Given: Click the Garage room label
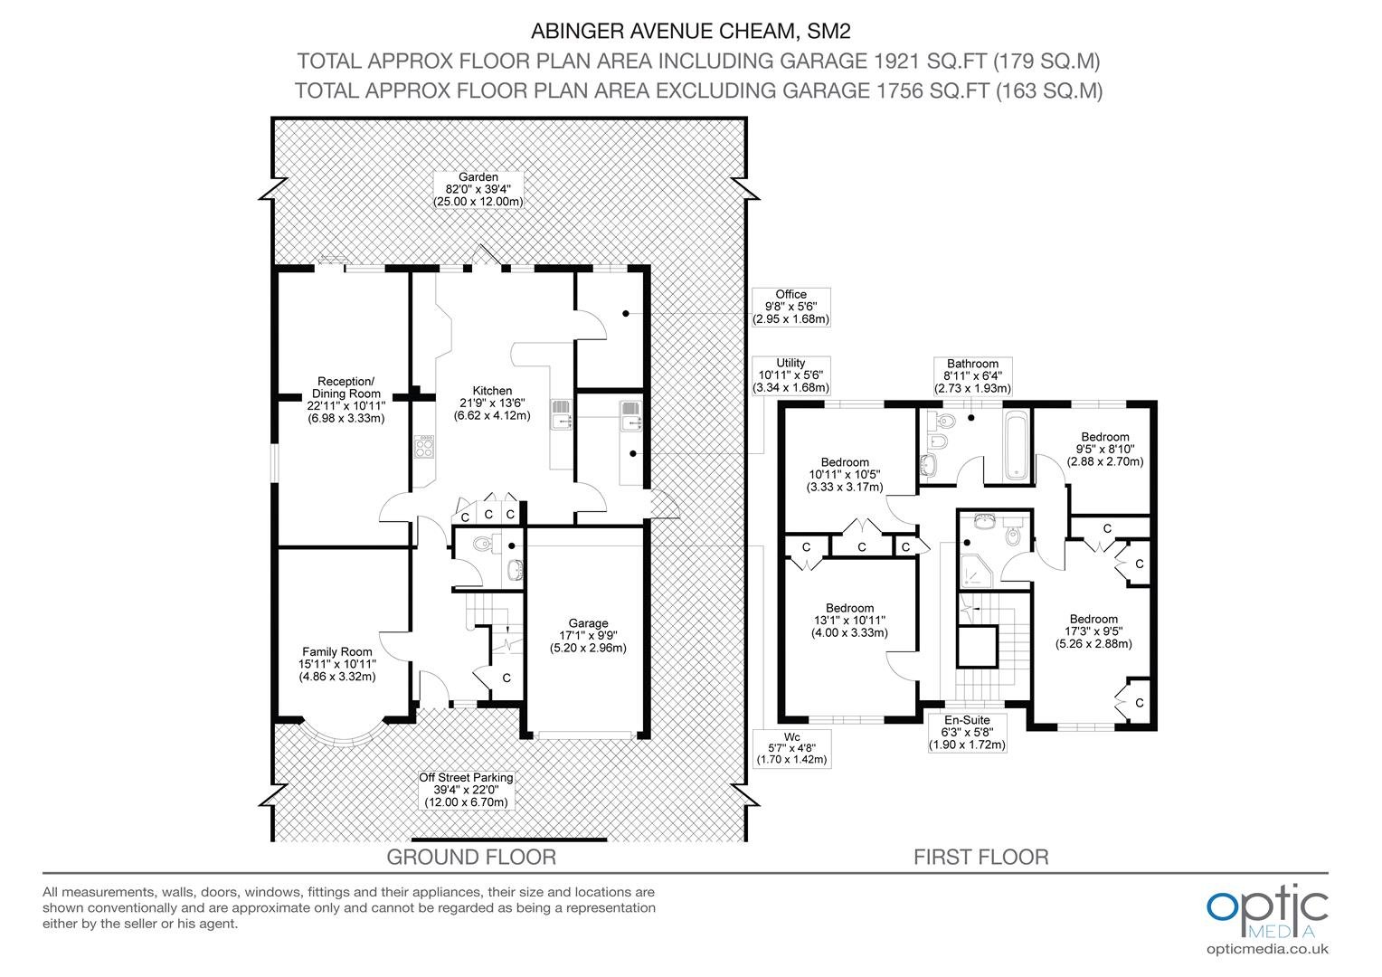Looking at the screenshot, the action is click(588, 636).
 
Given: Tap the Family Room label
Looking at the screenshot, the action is click(336, 664).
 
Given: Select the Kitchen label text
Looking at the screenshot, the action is click(492, 403).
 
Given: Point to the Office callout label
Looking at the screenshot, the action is click(791, 307).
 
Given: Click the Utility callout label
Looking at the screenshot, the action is click(791, 375).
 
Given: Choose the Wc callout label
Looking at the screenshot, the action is click(792, 748).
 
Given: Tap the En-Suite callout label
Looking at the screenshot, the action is click(968, 732).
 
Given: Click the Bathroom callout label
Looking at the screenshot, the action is click(972, 375).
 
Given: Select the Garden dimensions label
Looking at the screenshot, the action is click(478, 189).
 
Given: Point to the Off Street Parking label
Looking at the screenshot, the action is click(466, 790).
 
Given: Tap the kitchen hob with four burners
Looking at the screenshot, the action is click(424, 447).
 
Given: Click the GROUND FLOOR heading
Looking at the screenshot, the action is click(471, 858).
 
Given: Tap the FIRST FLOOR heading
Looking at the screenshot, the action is click(981, 858).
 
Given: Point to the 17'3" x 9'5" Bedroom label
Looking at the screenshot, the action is click(1093, 631).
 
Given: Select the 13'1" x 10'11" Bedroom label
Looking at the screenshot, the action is click(849, 621).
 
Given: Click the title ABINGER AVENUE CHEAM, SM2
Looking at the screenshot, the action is click(690, 32).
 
